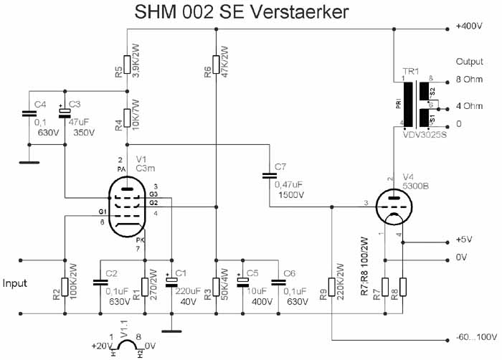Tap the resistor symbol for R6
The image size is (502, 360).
tap(216, 65)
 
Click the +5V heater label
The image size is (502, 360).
tap(464, 240)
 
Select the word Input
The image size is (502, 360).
tap(15, 283)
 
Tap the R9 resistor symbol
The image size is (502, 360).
tap(331, 287)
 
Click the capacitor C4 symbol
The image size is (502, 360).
tap(29, 113)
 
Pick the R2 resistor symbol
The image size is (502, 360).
tap(65, 287)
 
